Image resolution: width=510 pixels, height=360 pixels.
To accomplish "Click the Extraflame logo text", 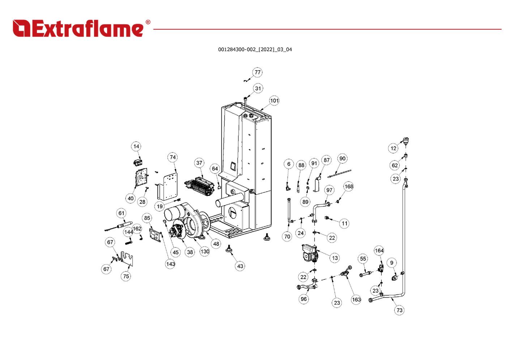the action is [x=78, y=28].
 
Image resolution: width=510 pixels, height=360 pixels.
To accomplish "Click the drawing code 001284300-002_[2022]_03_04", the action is [x=255, y=50].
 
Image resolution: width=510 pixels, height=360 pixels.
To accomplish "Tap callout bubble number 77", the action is [x=257, y=72].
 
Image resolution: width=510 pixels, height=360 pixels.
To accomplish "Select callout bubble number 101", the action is [x=274, y=100].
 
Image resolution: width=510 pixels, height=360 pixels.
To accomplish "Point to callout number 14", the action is [x=136, y=146].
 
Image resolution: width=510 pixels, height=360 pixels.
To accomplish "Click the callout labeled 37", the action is [x=199, y=163].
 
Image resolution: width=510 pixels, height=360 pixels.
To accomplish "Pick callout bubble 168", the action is [x=349, y=187].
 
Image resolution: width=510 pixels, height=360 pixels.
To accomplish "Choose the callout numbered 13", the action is [x=335, y=258].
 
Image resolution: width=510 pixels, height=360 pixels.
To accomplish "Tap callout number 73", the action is [x=399, y=310].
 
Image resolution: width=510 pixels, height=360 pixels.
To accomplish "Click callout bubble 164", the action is [x=379, y=250].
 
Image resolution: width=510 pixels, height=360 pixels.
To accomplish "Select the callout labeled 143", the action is [x=170, y=264].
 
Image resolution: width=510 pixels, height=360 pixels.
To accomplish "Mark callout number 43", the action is [x=240, y=266].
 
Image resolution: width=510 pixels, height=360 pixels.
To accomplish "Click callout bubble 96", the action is [x=303, y=299].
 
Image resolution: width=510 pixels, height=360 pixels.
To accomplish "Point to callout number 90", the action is [x=342, y=159].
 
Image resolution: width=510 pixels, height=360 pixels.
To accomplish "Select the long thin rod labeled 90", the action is [x=339, y=173].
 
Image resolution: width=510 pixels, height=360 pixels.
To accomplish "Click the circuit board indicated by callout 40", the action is [x=141, y=178].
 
